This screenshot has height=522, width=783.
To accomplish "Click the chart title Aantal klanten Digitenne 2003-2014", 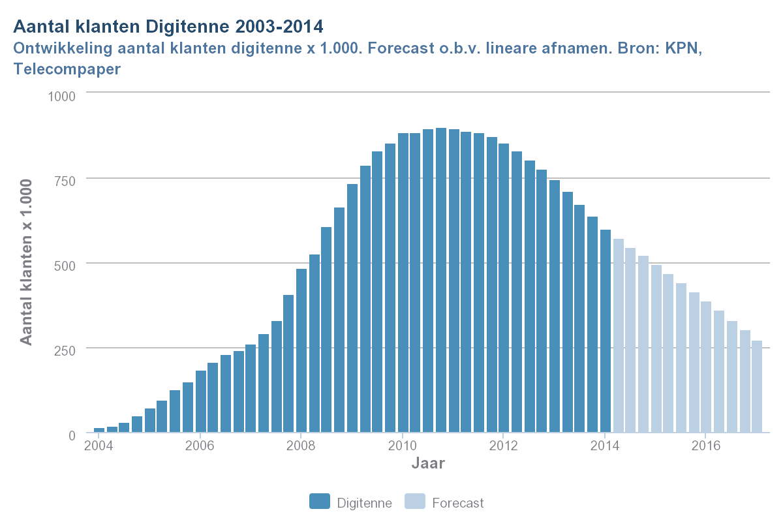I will (x=168, y=27).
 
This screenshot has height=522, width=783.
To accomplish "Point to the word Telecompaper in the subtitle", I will (x=67, y=69).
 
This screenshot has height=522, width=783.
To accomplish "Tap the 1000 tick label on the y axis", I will (x=63, y=95).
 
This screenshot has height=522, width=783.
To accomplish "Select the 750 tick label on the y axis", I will (x=66, y=179).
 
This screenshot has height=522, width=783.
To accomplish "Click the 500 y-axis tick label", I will (x=66, y=264).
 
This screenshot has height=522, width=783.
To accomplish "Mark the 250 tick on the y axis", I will (x=66, y=349).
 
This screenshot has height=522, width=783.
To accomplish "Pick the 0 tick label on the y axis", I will (x=72, y=435).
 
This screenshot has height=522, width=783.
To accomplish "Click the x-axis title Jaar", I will (x=428, y=464).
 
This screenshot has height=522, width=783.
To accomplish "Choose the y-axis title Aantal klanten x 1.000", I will (x=26, y=261).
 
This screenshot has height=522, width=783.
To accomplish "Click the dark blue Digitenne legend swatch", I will (x=320, y=502).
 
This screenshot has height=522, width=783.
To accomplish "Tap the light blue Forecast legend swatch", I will (x=415, y=502).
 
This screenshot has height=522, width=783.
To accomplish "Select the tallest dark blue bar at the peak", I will (x=441, y=281).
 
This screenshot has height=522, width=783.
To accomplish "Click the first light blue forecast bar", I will (x=618, y=336).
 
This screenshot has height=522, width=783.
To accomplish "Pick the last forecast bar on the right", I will (x=757, y=386).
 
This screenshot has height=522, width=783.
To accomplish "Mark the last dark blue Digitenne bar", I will (x=605, y=331).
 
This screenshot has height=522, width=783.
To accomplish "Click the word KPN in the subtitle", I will (x=683, y=49).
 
